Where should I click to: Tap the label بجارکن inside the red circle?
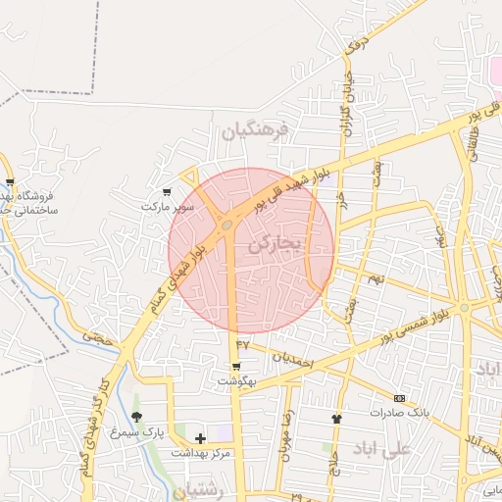tap(277, 242)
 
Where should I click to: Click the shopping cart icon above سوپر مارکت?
tap(168, 192)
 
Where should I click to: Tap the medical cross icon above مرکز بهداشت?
tap(201, 438)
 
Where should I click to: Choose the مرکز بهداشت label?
tap(201, 453)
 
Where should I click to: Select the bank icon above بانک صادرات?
tap(399, 398)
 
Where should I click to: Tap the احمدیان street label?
tap(291, 360)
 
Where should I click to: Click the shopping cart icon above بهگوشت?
tap(235, 367)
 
